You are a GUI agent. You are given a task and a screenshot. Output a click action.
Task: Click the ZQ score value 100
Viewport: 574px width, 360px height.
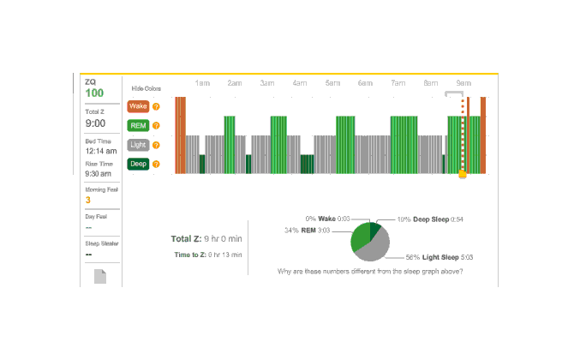[x=94, y=93]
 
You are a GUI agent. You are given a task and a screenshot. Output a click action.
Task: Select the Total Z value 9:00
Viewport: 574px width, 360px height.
[x=95, y=123]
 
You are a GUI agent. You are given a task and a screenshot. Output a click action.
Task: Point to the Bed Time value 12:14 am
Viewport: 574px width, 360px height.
[x=100, y=151]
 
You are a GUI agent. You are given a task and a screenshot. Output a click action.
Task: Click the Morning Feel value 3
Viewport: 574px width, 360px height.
[x=88, y=200]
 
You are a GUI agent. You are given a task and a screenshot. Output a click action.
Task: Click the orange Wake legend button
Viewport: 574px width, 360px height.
[x=137, y=106]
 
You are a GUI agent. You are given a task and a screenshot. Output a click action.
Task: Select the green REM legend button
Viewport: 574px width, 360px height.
[x=137, y=126]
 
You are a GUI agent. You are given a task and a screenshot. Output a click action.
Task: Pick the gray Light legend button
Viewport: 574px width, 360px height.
[x=137, y=145]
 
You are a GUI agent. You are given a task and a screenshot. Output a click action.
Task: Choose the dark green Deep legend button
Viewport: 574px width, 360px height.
[x=137, y=164]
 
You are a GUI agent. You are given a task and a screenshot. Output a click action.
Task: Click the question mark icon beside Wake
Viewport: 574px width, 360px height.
[x=156, y=106]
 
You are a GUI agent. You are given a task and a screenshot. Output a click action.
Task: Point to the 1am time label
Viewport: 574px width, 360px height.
[x=202, y=83]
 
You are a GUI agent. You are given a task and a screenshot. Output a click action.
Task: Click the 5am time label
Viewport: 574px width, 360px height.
[x=332, y=83]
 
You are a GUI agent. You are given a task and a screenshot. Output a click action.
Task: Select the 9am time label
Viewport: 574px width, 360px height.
[x=463, y=83]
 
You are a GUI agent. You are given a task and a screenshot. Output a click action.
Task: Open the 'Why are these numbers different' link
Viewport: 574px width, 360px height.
[x=371, y=271]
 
